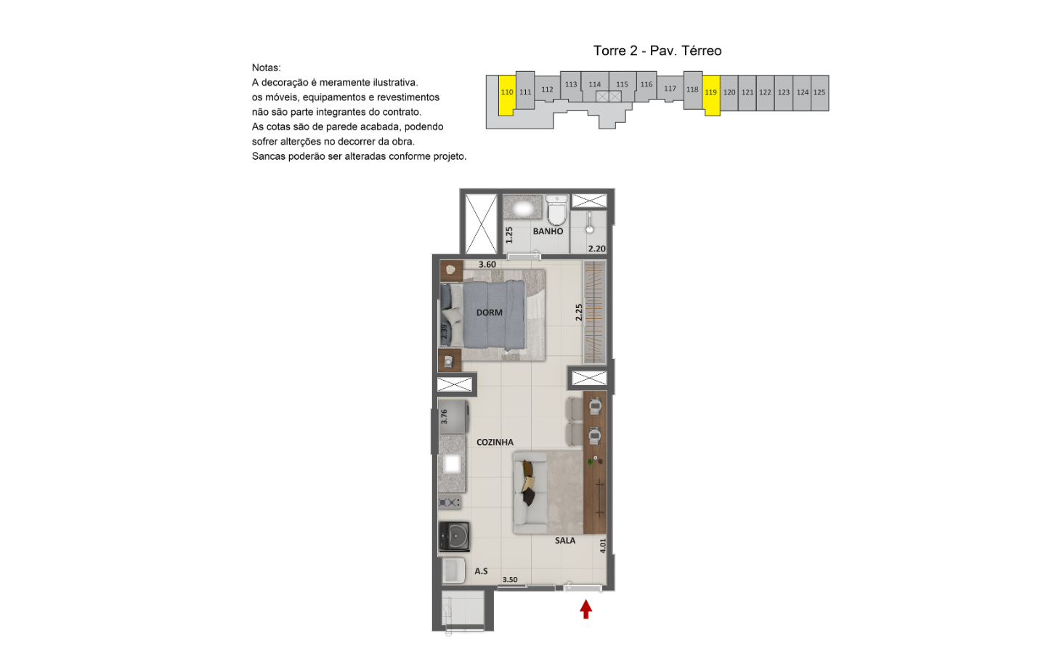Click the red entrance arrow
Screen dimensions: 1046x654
[x=586, y=610]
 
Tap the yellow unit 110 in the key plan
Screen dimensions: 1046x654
[x=507, y=94]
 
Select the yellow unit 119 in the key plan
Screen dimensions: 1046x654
[x=711, y=94]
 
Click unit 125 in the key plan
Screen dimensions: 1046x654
[x=819, y=93]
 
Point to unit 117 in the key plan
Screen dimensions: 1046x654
[x=670, y=89]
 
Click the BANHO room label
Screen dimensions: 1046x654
[x=548, y=231]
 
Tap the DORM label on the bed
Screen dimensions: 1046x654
[x=490, y=312]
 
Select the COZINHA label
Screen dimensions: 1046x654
[x=495, y=442]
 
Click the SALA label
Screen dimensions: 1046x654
[x=565, y=541]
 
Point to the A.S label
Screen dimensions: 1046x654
[x=482, y=571]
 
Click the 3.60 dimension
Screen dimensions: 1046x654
[x=487, y=265]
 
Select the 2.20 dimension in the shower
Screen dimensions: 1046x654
[x=597, y=249]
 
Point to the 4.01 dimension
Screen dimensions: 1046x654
[x=603, y=546]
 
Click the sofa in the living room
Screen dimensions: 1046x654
[x=530, y=493]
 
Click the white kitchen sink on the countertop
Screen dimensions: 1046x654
[x=453, y=464]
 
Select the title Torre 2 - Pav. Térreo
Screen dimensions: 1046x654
[x=657, y=50]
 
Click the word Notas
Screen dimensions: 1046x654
[x=266, y=68]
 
